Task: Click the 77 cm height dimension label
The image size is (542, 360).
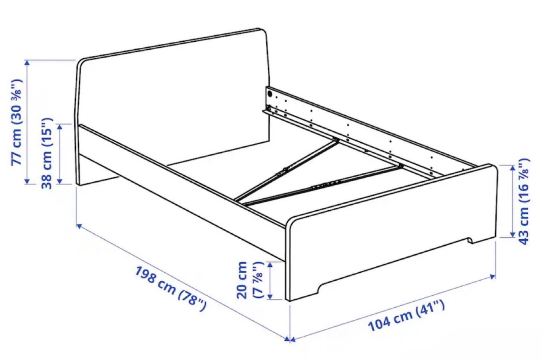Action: (17, 122)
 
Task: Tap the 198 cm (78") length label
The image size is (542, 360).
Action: (171, 289)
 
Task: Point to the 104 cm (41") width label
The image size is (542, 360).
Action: (406, 316)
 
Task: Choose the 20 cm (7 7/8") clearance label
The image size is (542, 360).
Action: (250, 280)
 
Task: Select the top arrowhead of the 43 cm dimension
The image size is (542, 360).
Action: (513, 168)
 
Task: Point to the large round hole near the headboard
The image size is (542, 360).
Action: (270, 93)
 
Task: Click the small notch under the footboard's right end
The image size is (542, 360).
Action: (470, 240)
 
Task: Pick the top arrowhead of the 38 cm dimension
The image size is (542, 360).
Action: (60, 127)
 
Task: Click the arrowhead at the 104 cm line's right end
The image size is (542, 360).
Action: (492, 276)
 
